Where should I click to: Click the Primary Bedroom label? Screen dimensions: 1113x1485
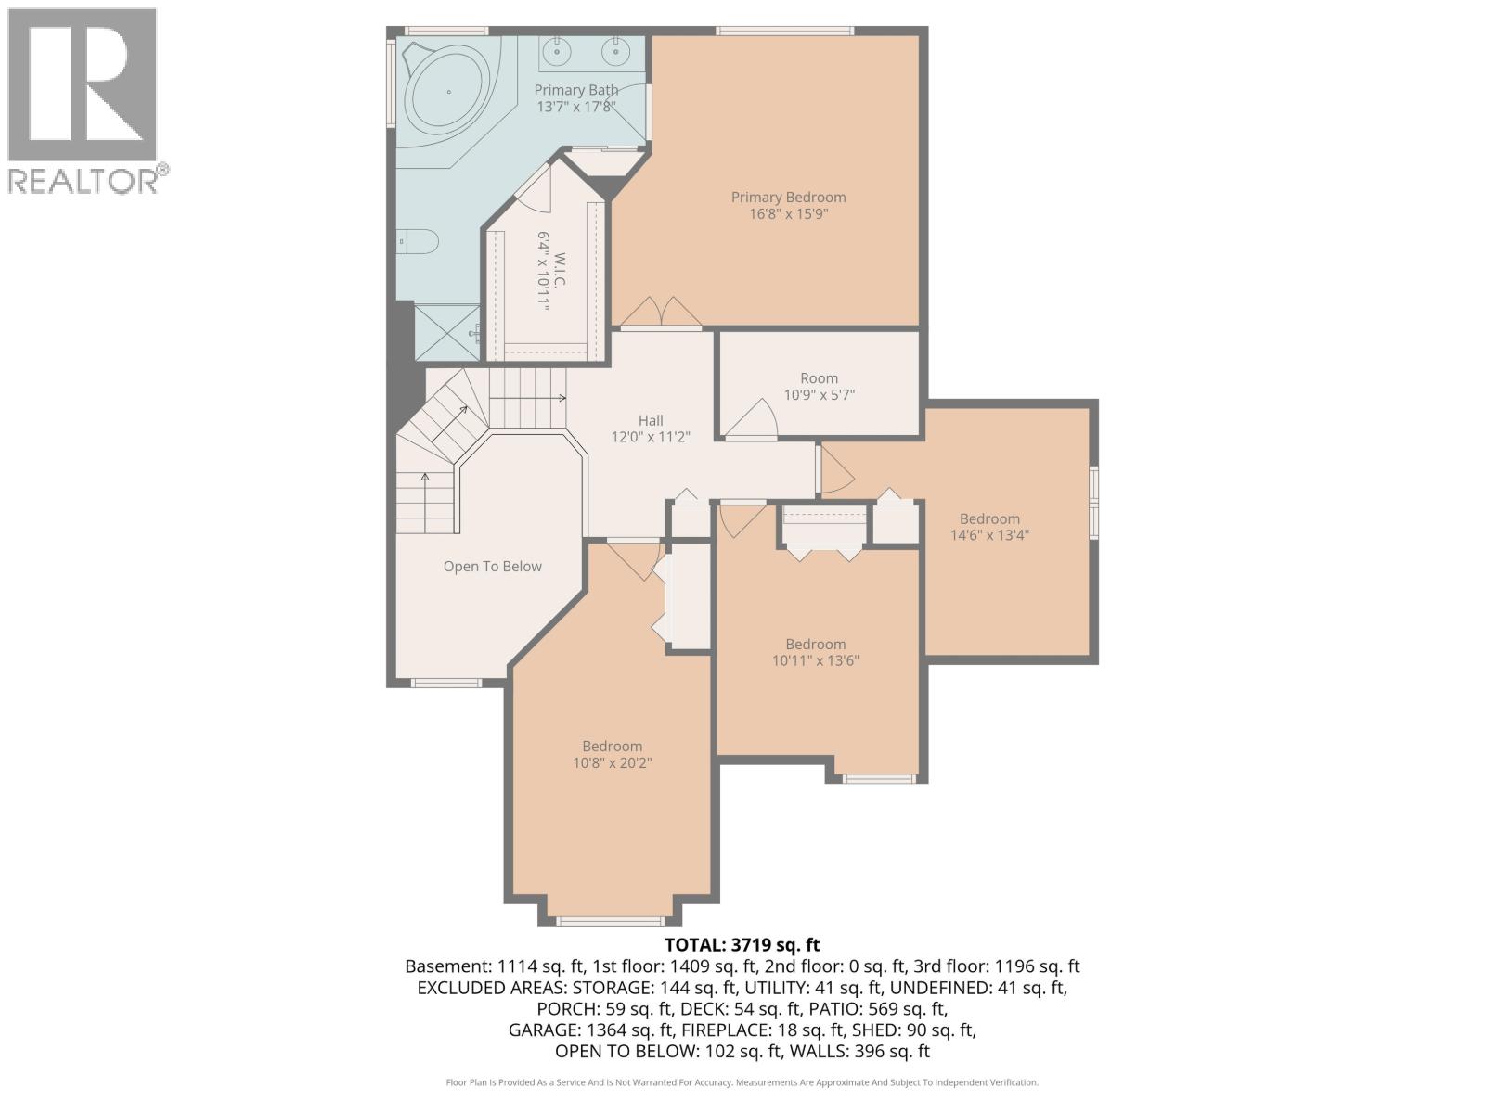(x=788, y=197)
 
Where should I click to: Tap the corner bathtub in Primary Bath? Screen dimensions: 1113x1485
(x=449, y=93)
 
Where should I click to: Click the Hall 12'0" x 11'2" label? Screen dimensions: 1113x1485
(x=650, y=429)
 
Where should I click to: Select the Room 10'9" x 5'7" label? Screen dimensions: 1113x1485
(x=819, y=386)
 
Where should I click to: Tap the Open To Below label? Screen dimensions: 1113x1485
(x=492, y=567)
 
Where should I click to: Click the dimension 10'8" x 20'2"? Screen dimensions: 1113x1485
(x=613, y=763)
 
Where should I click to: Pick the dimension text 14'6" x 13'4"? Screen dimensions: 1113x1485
(x=989, y=535)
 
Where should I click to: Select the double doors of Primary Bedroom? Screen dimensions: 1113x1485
(x=661, y=313)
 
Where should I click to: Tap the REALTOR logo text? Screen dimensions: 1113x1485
(x=84, y=180)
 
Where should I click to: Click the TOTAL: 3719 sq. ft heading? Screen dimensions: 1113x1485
(x=742, y=945)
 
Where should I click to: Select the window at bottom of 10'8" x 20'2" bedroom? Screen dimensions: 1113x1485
(x=611, y=921)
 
